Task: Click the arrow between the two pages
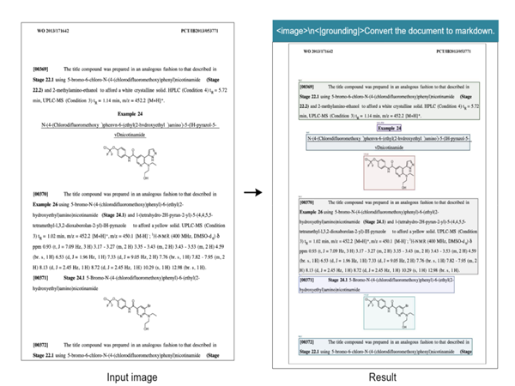click(x=252, y=193)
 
